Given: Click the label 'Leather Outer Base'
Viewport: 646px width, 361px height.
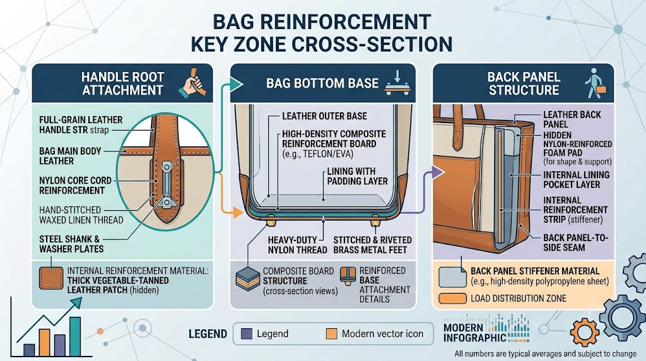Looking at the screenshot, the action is (x=324, y=116).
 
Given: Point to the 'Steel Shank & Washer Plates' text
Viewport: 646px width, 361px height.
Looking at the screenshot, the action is (x=71, y=244).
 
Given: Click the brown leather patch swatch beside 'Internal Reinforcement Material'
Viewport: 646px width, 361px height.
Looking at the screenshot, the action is (x=51, y=279).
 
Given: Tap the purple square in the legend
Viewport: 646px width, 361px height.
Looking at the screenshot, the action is (x=247, y=333).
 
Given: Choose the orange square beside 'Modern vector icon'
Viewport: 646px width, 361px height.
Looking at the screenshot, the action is (x=331, y=333).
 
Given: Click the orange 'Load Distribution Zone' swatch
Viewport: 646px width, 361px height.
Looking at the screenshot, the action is (x=452, y=299).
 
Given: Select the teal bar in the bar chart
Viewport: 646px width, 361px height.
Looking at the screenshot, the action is (x=75, y=336).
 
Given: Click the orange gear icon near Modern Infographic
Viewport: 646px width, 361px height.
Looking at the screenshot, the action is (x=584, y=332).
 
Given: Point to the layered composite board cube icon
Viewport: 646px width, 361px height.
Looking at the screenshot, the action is (x=247, y=279).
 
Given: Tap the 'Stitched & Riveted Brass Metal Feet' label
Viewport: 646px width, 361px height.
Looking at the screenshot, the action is (x=372, y=245).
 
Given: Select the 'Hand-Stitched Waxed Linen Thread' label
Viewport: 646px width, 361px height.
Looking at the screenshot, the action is (x=81, y=215).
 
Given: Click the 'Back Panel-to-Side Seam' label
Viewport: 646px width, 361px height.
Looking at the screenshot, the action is (x=575, y=243).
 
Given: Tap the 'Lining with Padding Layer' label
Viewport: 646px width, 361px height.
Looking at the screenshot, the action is (x=357, y=176).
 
